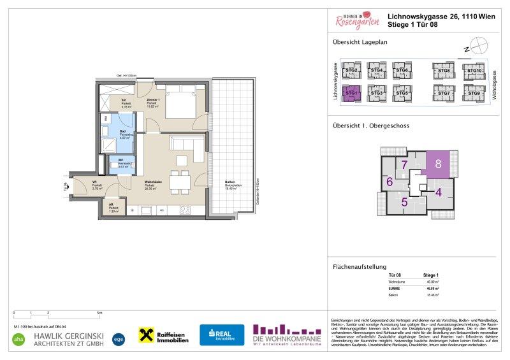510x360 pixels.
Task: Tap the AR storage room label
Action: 113,207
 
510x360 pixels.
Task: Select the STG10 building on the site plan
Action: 473,71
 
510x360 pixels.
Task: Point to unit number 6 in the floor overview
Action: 389,182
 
